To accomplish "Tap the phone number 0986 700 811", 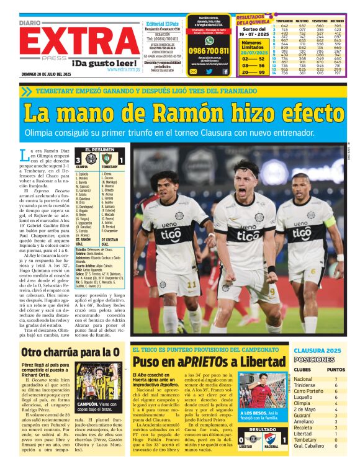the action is click(x=209, y=51).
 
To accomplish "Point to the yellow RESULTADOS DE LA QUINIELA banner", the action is click(x=251, y=22).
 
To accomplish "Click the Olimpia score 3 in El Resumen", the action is click(x=78, y=159).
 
